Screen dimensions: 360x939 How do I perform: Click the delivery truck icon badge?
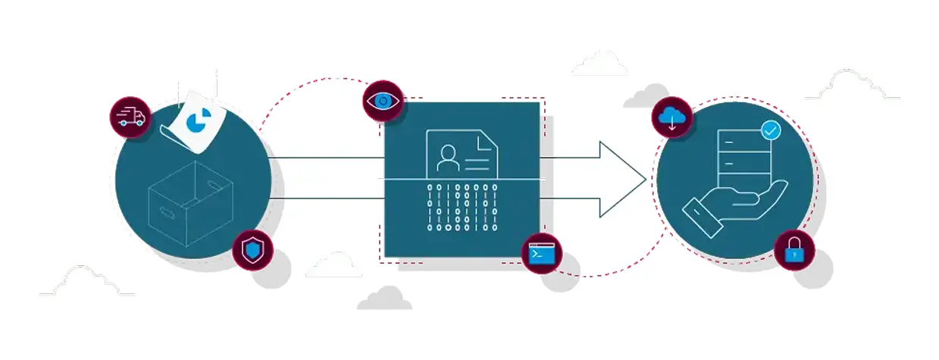point(130,117)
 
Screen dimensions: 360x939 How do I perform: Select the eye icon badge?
point(383,101)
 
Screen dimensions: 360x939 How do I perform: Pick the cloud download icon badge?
point(672,117)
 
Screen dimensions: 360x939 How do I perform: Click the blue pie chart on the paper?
point(199,122)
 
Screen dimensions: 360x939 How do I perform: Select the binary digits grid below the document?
point(462,205)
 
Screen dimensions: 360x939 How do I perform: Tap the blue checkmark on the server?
point(771,130)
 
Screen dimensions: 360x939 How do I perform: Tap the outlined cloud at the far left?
point(85,282)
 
